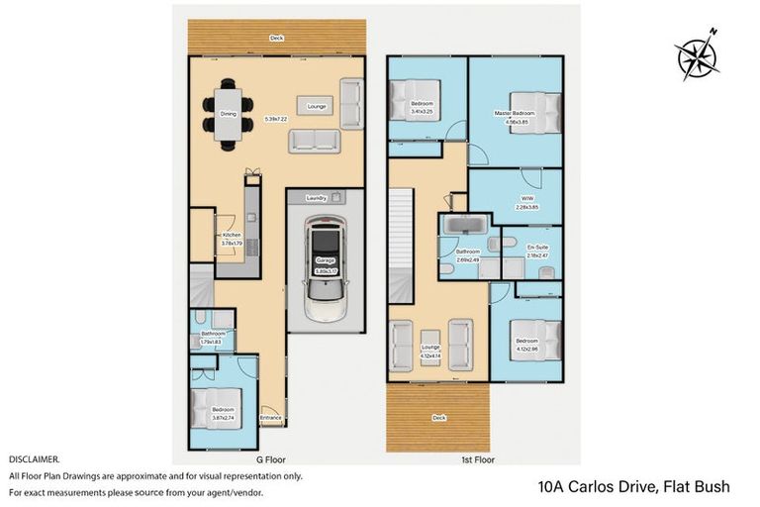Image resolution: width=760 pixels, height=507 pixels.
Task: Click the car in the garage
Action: click(x=324, y=267)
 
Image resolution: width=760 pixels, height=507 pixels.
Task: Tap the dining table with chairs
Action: click(x=228, y=115)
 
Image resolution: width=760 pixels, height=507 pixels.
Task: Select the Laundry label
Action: click(x=317, y=197)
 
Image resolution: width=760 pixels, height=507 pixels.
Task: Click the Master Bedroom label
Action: click(x=515, y=114)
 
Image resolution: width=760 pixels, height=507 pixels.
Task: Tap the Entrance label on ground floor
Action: click(x=270, y=418)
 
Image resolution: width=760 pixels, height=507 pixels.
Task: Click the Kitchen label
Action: click(x=230, y=235)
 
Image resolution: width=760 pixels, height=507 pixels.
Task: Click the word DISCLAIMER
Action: click(x=34, y=460)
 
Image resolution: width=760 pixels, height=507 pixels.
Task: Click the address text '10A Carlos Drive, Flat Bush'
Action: click(x=633, y=486)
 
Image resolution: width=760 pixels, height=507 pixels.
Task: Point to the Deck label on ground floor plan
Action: click(x=276, y=40)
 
